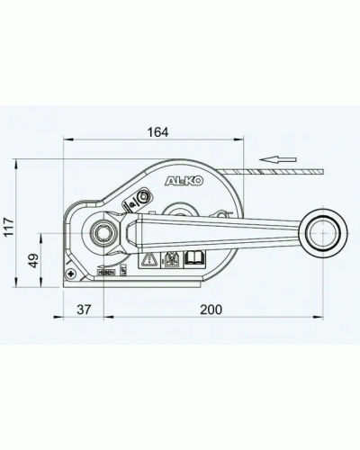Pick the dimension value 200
click(x=211, y=310)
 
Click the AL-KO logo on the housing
click(x=183, y=183)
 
